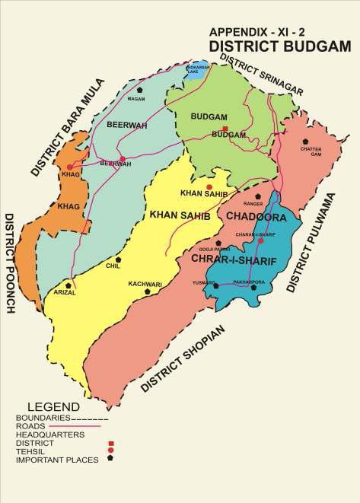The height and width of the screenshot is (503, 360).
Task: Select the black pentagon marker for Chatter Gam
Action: (305, 142)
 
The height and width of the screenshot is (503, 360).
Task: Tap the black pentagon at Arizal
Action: (68, 285)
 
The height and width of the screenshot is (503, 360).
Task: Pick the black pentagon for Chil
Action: (118, 258)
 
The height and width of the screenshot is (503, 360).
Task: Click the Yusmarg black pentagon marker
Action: (216, 286)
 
